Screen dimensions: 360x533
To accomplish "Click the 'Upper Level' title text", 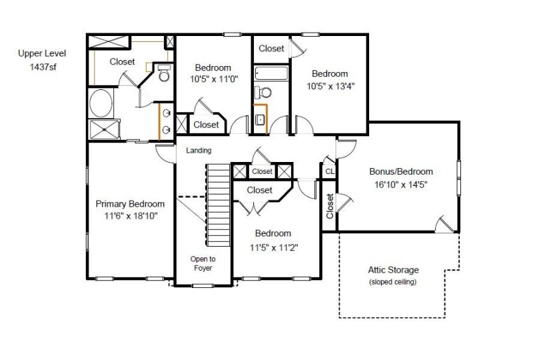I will pos(42,53).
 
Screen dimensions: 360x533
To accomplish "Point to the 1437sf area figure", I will pos(42,67).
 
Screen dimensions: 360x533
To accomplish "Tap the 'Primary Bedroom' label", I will pos(130,204).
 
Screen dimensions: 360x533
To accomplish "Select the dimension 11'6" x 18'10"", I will pos(130,216).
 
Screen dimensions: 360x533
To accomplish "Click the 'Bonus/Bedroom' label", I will pos(401,171).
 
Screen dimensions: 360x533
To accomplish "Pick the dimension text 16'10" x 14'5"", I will pos(401,184).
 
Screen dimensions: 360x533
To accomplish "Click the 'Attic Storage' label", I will pos(393,270).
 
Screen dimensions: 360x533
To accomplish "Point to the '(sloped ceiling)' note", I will pos(393,282).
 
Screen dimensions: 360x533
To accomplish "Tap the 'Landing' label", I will pos(199,151).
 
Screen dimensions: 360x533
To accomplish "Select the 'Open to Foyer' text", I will pos(203,263).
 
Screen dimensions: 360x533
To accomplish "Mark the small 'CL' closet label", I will pos(330,171).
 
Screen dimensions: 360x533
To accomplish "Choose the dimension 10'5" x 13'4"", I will pos(330,86).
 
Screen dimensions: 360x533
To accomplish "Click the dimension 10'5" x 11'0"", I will pos(213,79).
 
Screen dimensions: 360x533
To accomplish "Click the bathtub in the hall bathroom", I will pos(270,73).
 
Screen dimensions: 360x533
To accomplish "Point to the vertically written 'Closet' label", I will pos(330,206).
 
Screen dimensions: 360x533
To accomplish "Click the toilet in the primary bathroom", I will pos(163,73).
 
